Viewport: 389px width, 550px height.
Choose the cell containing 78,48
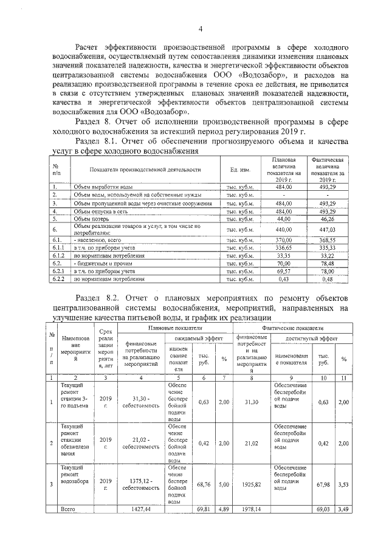pos(328,264)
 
